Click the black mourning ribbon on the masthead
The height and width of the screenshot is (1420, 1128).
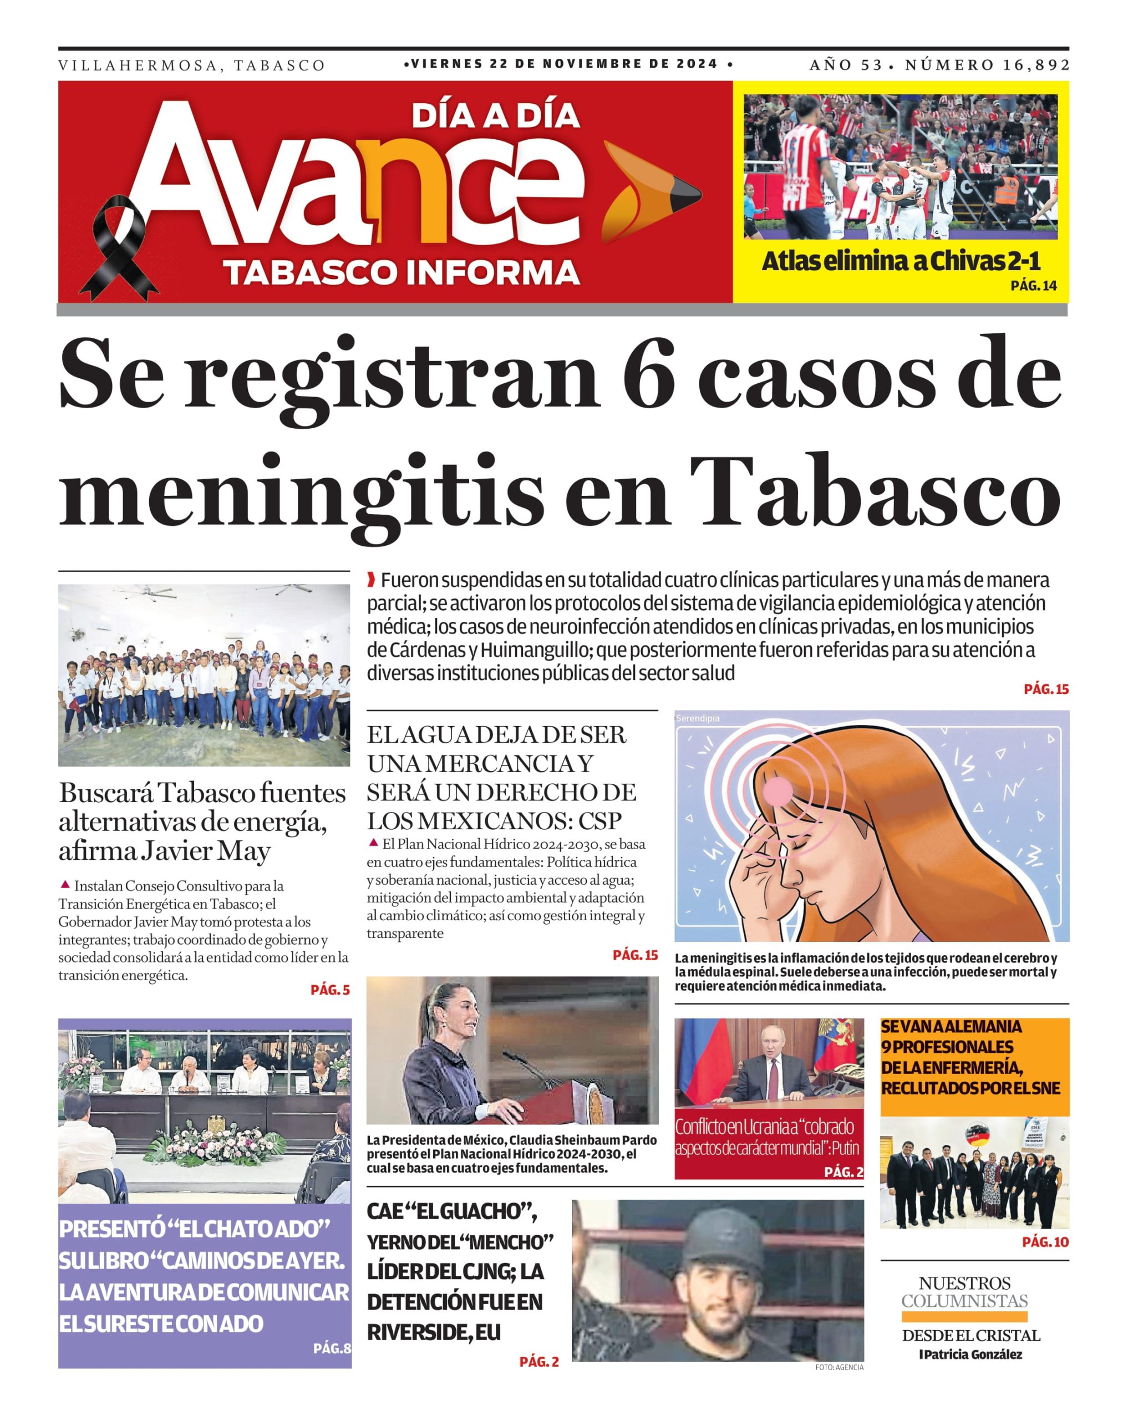119,247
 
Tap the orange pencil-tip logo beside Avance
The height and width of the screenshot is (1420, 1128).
649,191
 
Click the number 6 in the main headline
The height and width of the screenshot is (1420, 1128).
649,374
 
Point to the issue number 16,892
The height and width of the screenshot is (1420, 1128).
1037,64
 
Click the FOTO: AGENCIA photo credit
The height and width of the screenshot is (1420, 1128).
839,1367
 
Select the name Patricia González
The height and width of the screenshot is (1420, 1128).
972,1353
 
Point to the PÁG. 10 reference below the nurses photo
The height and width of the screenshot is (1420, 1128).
1045,1241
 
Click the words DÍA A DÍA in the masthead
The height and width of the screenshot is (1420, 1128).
495,116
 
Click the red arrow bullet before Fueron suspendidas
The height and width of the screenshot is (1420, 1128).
372,580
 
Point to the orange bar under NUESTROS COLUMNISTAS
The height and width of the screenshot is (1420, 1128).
964,1317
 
